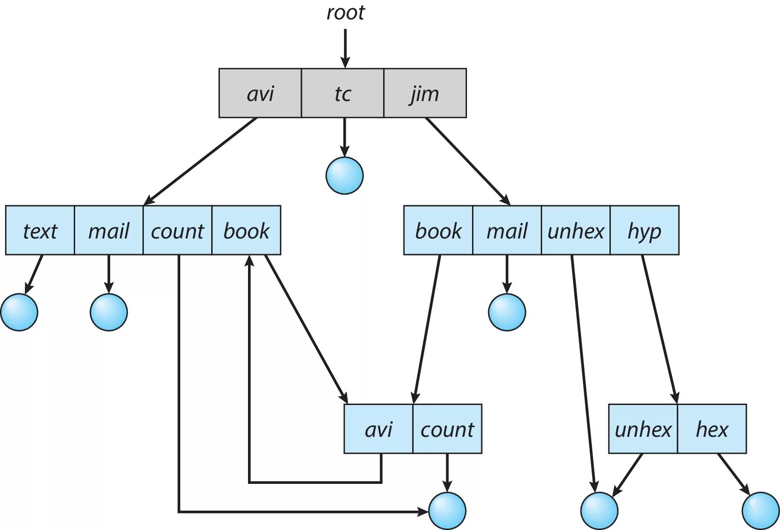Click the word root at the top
[345, 13]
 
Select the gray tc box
[343, 93]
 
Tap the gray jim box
[425, 93]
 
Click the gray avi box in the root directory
[260, 93]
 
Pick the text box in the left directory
[40, 230]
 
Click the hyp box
[644, 230]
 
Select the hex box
[712, 429]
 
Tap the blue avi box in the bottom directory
[378, 429]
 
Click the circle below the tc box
[344, 175]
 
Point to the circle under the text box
[19, 312]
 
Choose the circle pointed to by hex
[761, 511]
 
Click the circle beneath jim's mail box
[507, 312]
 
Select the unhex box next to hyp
[575, 230]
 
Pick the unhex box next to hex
[643, 429]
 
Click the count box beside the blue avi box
[447, 429]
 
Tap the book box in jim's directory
[438, 230]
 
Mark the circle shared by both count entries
[447, 511]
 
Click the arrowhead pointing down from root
[345, 62]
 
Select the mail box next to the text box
[109, 230]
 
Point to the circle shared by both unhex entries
[599, 511]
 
